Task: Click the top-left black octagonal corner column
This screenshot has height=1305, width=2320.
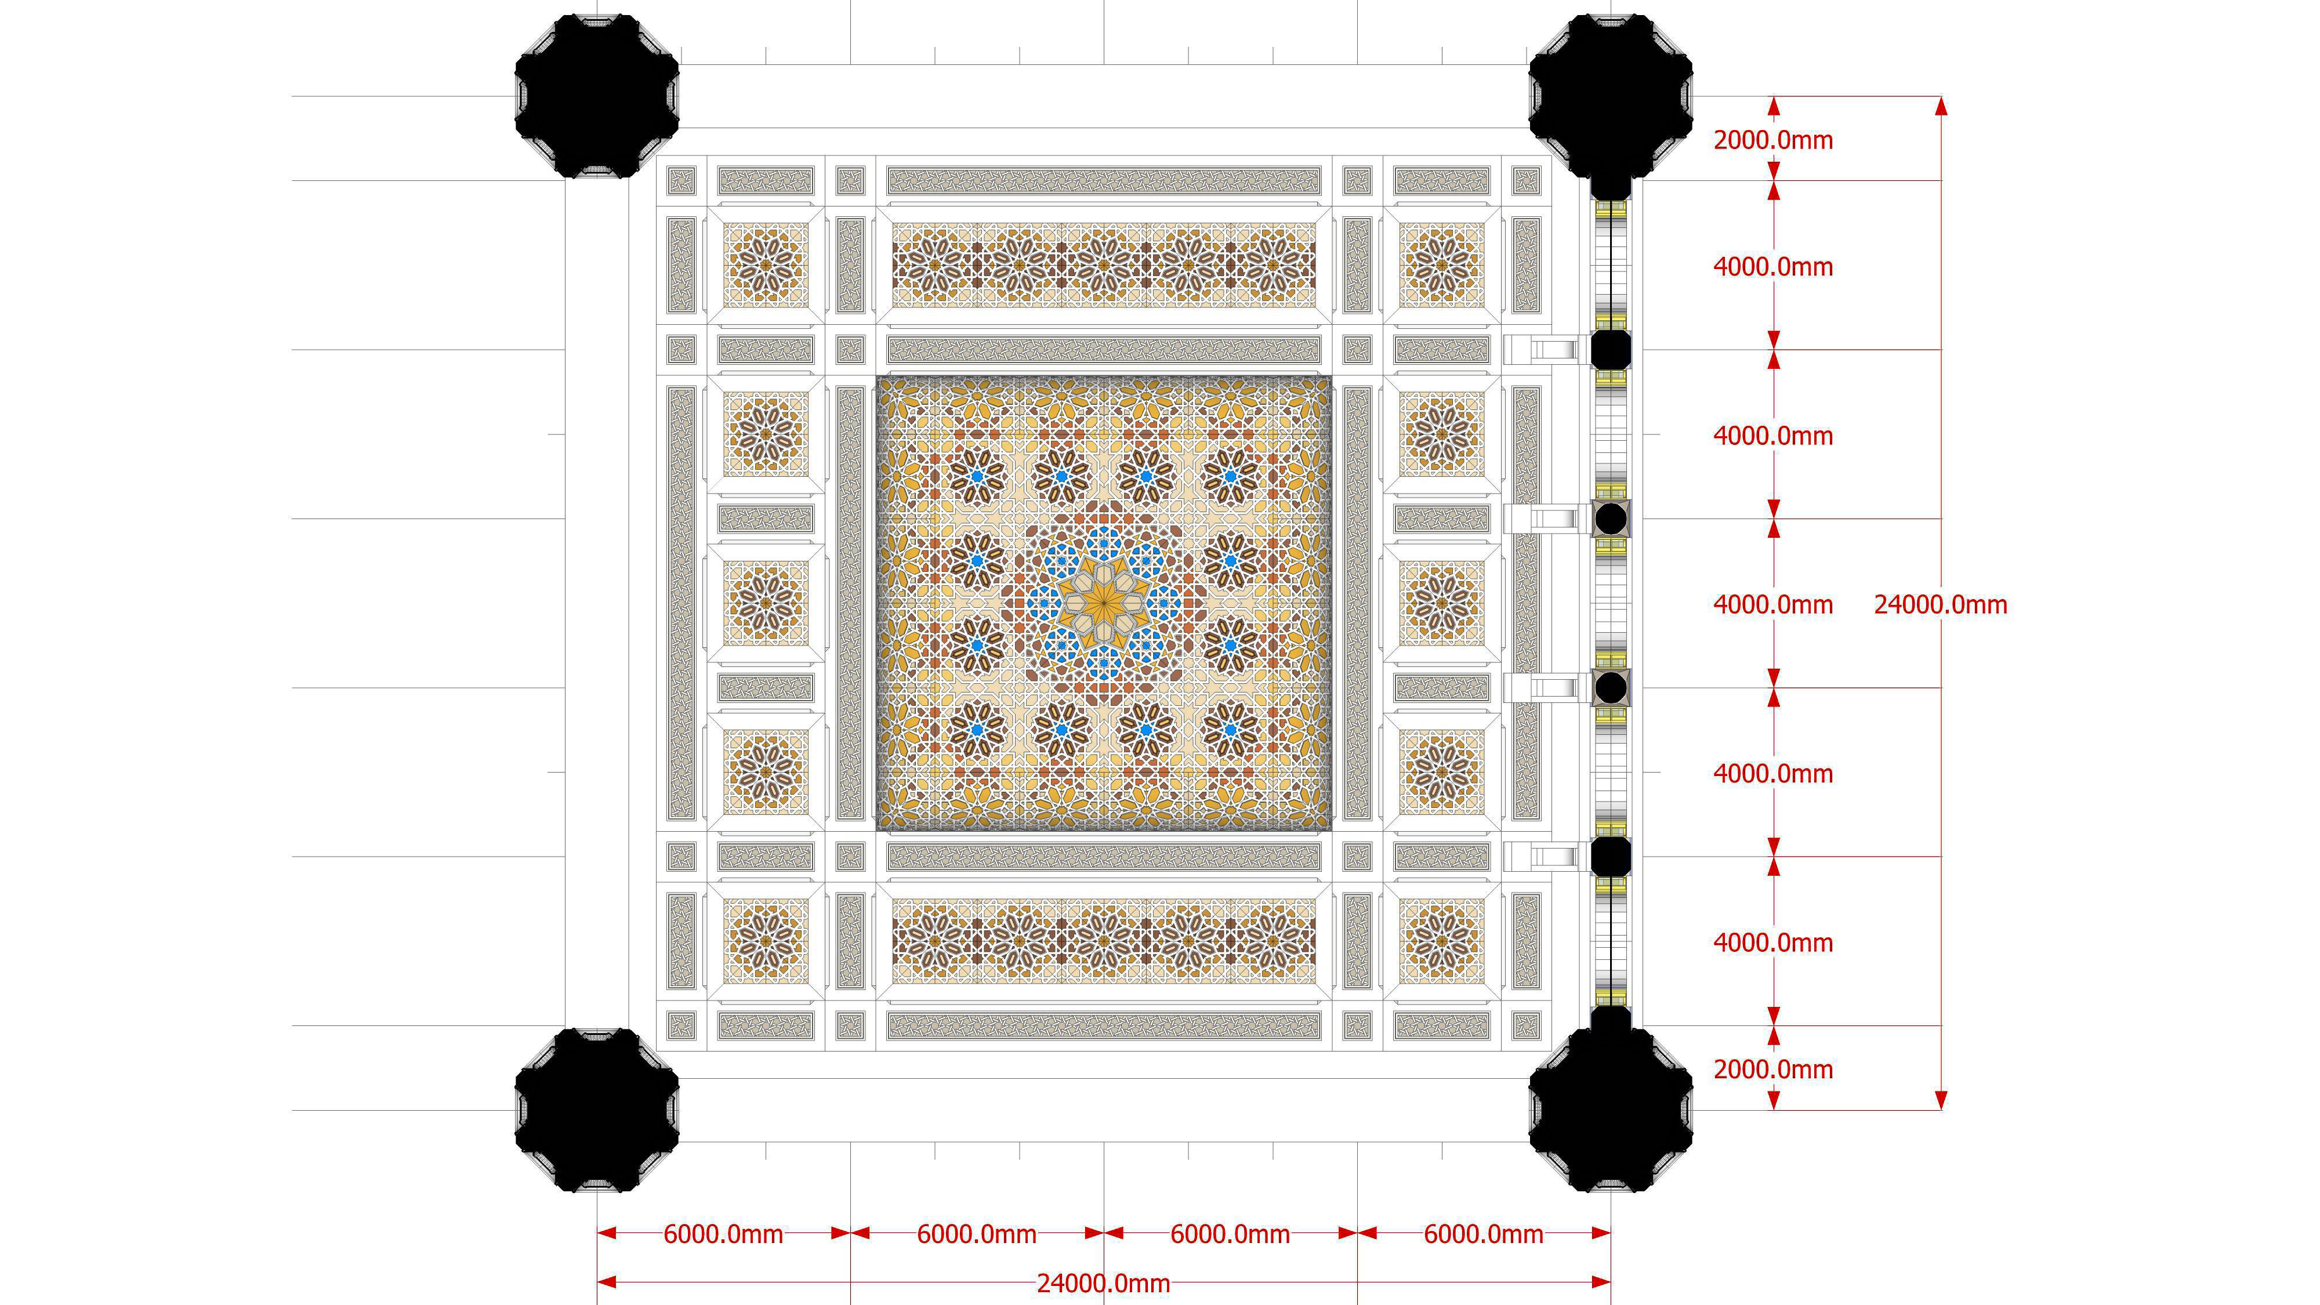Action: [596, 96]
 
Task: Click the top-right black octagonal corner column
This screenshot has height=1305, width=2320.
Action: [1610, 96]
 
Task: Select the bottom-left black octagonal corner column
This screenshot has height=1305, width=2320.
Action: [596, 1110]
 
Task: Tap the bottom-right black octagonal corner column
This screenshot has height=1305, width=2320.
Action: [1610, 1110]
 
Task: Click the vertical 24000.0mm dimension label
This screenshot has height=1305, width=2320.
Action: [1940, 604]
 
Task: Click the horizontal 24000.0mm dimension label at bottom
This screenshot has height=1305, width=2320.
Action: [1103, 1284]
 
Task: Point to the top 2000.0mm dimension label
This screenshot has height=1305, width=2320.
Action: [1772, 140]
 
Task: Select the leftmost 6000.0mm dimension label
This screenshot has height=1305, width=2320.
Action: [723, 1234]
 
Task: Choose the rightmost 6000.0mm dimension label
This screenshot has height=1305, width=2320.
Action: [1483, 1234]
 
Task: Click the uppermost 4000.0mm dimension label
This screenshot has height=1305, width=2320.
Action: [1772, 267]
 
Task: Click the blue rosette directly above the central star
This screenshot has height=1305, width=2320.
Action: [1103, 543]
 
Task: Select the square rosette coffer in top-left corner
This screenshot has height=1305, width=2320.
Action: [766, 266]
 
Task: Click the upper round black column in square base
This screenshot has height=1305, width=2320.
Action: [1610, 519]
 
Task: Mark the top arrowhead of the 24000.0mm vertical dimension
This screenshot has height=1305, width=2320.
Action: [1941, 106]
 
